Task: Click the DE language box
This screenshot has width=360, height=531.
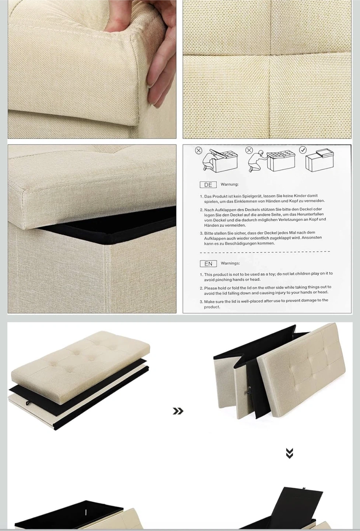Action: click(208, 185)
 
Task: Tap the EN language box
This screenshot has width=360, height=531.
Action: click(208, 264)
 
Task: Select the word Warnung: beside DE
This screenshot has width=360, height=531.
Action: click(230, 184)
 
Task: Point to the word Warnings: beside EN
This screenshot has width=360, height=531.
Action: click(230, 263)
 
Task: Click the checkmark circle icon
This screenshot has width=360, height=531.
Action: click(303, 150)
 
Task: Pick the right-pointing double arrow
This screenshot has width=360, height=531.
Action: click(178, 411)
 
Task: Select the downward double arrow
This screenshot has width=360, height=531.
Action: click(289, 453)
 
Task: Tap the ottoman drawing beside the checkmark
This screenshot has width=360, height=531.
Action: click(319, 160)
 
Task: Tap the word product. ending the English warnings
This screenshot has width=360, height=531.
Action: click(212, 307)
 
